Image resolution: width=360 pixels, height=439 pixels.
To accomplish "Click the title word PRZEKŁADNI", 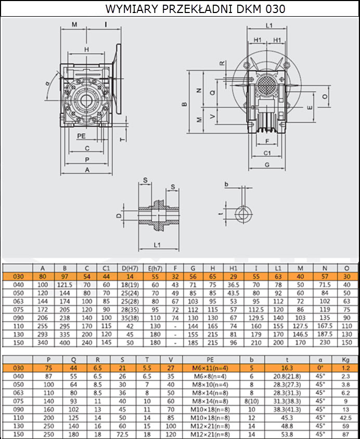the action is [198, 9].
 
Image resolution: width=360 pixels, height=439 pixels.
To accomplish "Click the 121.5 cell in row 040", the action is [65, 285].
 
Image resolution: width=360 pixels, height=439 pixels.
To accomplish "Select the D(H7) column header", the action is [130, 268].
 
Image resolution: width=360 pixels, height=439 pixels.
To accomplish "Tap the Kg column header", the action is [346, 360].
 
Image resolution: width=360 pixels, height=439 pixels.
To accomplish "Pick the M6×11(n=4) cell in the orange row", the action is [210, 368].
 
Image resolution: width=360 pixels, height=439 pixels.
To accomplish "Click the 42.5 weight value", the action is [346, 418].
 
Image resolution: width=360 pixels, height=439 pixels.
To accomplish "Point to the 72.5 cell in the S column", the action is [122, 434].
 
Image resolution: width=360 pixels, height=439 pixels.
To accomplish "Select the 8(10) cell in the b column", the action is [252, 401].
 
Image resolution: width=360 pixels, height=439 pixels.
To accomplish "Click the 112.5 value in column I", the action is [256, 309].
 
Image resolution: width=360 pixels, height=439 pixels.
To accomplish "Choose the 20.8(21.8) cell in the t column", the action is [287, 376].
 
